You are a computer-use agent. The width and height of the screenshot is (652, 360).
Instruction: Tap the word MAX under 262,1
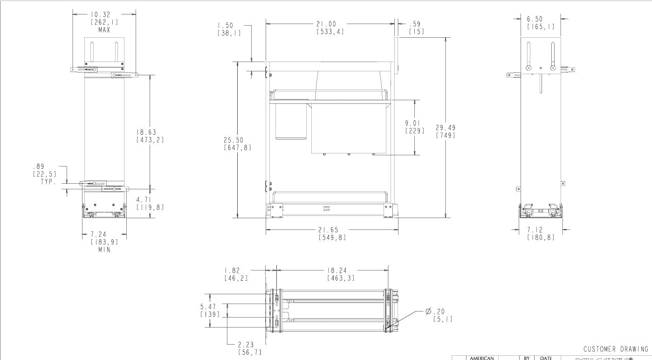point(104,30)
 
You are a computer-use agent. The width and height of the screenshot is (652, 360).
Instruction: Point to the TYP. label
point(48,182)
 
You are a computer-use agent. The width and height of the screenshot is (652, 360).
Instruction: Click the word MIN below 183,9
point(104,249)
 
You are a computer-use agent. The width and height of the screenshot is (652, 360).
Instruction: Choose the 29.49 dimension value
point(446,127)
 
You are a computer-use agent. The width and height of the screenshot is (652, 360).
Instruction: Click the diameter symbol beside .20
point(428,312)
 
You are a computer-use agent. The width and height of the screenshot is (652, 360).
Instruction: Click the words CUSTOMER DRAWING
point(616,349)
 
